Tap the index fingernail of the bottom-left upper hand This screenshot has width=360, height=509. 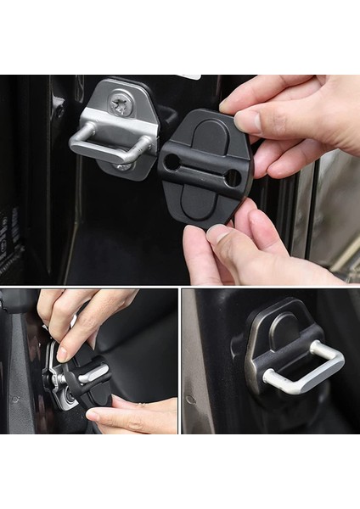tap(62, 353)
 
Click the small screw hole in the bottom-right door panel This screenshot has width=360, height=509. tap(192, 399)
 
